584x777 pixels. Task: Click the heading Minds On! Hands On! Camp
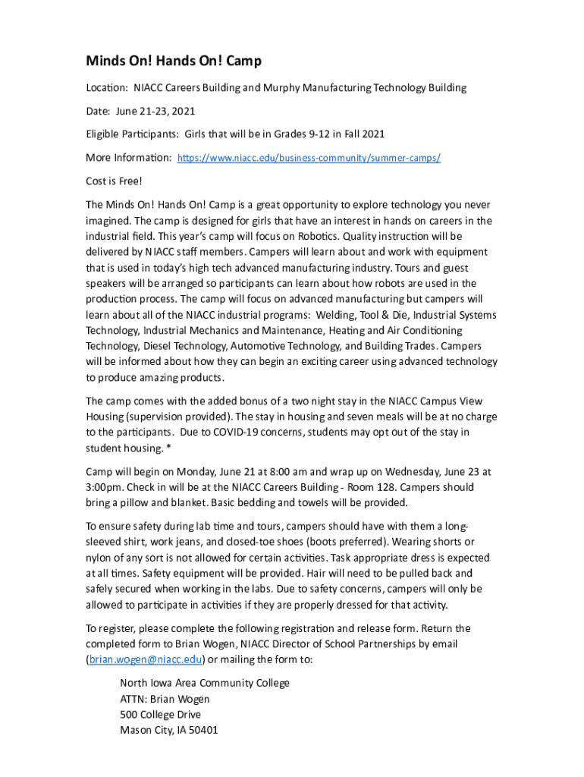173,61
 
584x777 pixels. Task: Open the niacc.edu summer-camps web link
308,158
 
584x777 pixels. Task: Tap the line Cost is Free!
114,181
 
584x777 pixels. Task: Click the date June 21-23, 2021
155,111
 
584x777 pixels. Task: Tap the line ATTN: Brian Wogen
165,699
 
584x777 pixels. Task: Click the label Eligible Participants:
133,134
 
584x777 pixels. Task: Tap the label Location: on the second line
106,87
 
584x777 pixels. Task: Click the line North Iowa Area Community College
205,683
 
